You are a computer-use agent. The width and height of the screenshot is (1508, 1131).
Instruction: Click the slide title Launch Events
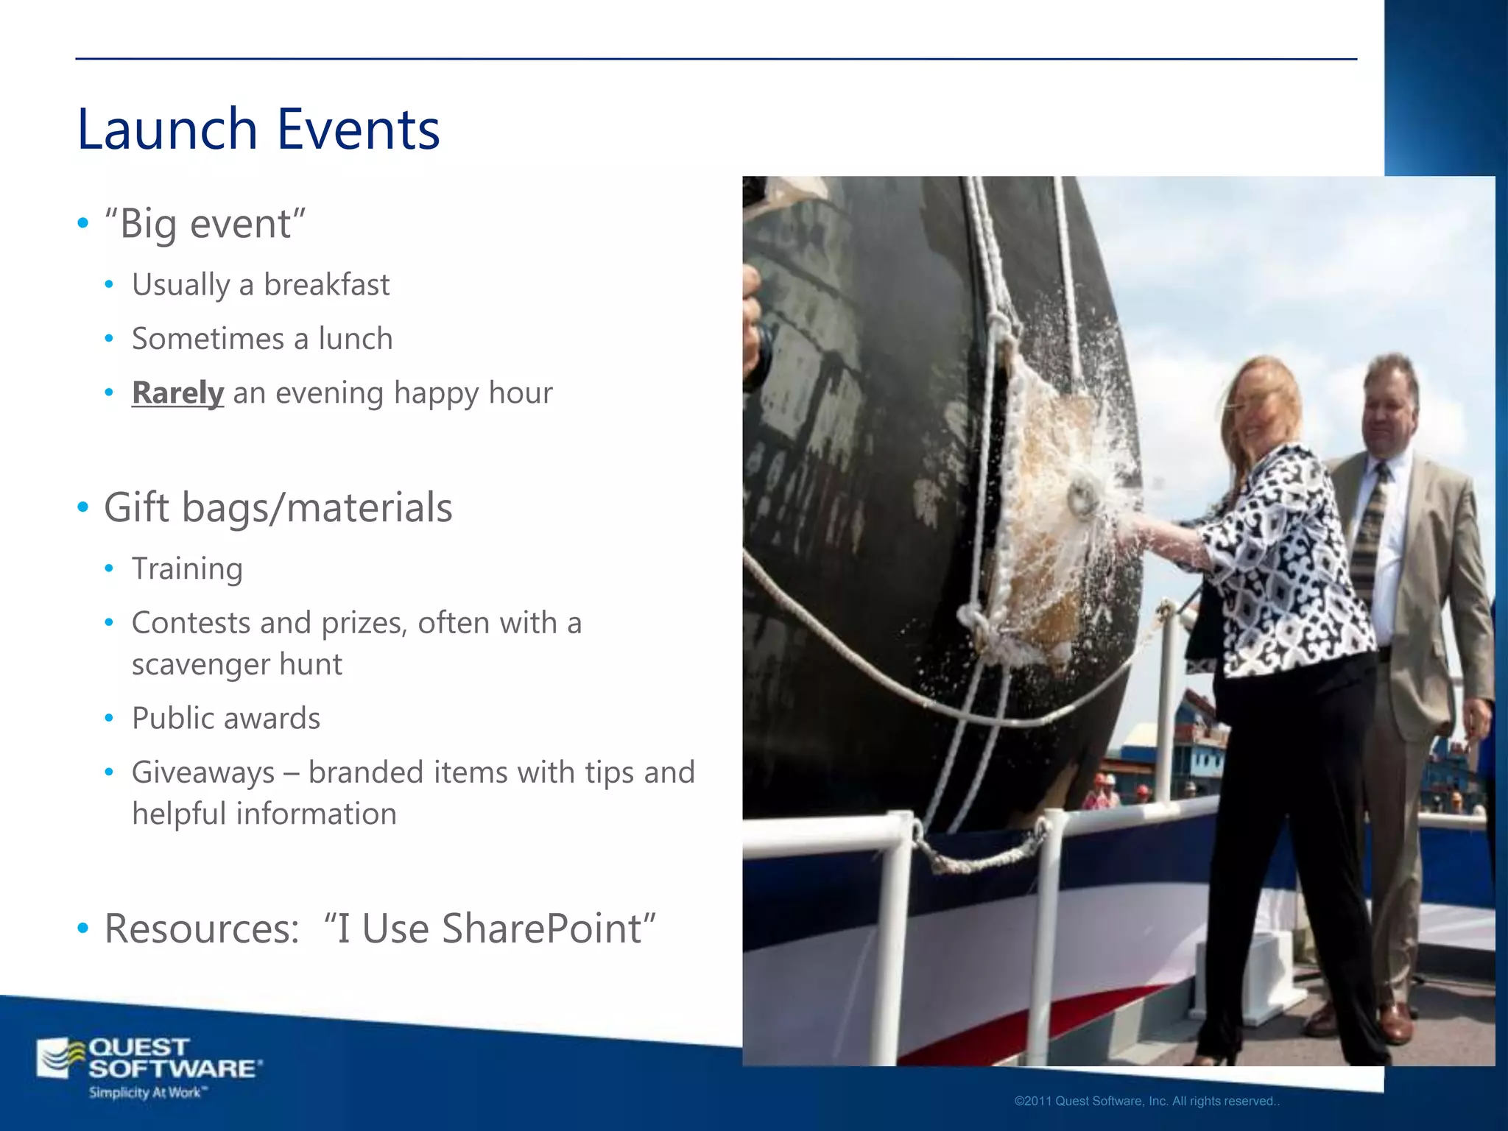tap(258, 129)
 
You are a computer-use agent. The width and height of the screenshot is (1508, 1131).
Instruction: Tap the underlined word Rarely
tap(177, 392)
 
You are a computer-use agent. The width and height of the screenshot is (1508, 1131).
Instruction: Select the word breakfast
tap(326, 285)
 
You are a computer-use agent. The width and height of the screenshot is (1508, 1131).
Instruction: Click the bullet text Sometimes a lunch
tap(261, 339)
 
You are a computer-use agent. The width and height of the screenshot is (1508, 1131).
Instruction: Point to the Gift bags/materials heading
tap(278, 507)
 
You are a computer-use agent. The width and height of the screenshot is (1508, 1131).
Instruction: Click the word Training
tap(187, 568)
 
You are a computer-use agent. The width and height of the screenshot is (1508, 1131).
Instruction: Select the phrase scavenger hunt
tap(236, 664)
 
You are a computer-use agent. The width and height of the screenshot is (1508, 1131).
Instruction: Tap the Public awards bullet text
tap(225, 718)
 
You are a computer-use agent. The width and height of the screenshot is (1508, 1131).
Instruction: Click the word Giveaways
tap(203, 772)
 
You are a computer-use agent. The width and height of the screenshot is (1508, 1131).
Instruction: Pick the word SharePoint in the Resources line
tap(549, 928)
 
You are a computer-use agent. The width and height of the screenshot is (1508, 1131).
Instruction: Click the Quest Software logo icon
tap(60, 1058)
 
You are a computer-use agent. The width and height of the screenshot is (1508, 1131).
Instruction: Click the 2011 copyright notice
tap(1146, 1102)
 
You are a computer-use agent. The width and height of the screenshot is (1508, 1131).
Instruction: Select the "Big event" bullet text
tap(205, 223)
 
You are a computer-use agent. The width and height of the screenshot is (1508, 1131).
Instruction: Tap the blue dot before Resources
tap(83, 929)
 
